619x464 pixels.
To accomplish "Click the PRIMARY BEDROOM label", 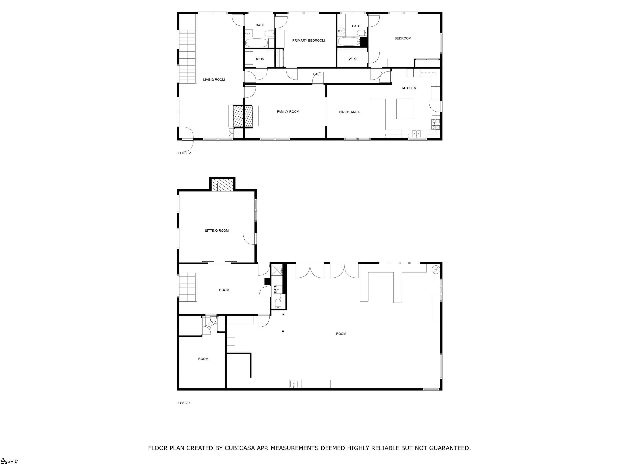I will (308, 40).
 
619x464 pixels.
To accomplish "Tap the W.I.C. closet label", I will (353, 59).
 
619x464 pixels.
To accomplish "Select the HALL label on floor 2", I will (317, 74).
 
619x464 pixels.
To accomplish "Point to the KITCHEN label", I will (409, 88).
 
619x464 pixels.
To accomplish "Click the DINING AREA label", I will (349, 112).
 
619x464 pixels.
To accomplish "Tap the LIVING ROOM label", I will (214, 80).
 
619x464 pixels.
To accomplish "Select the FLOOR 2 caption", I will (184, 153).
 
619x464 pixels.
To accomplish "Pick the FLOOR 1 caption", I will (184, 403).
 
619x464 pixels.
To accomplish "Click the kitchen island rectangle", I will (404, 109).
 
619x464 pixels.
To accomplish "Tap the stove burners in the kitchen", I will (436, 124).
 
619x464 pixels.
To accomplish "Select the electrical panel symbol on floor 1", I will (436, 270).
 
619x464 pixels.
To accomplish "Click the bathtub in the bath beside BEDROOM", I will (349, 42).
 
